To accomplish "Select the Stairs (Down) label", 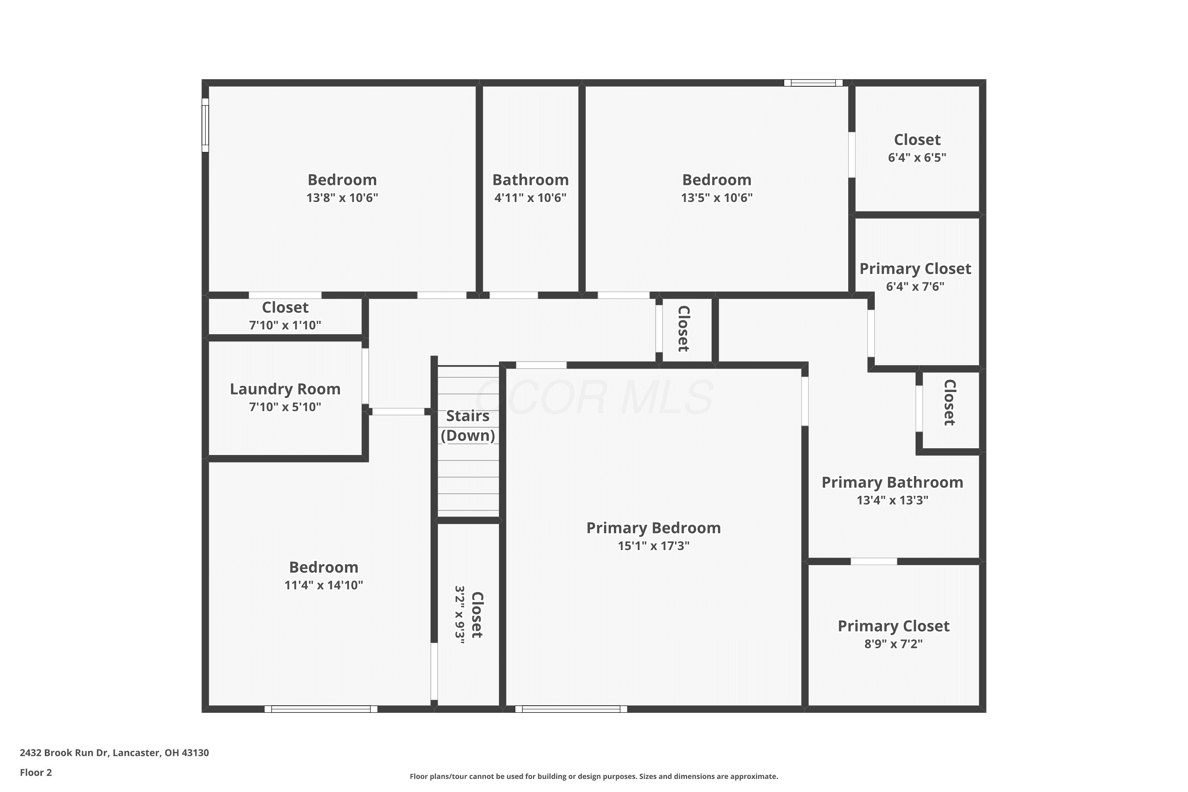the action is click(468, 426).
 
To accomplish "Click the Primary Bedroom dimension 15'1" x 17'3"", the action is click(654, 546).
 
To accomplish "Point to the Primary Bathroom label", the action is click(893, 482).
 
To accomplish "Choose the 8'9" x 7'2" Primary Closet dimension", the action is click(893, 643).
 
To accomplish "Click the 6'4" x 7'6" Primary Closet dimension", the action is click(915, 286).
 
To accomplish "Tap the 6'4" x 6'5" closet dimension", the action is click(917, 157).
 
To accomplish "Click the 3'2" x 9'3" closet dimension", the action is click(460, 615).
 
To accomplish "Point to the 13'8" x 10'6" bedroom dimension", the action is click(342, 198).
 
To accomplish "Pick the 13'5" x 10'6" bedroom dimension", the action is click(717, 198).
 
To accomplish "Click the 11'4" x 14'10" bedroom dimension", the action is click(324, 585).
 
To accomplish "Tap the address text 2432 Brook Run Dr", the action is click(64, 753).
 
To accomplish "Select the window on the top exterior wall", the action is click(813, 83).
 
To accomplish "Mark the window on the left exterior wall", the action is click(205, 125).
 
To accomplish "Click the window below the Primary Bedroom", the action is click(571, 709).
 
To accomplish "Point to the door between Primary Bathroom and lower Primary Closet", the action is click(874, 561).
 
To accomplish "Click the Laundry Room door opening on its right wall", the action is click(365, 376).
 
